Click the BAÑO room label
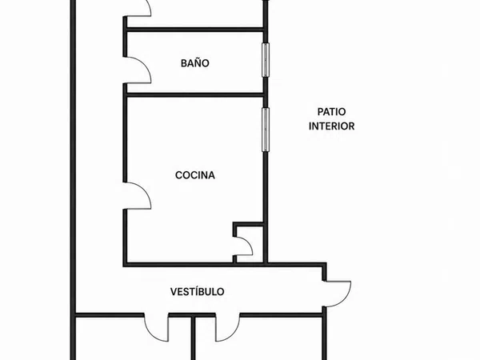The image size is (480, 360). (195, 63)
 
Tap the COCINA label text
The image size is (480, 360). (195, 175)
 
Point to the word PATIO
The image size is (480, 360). (331, 112)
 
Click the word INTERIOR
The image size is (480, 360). (331, 126)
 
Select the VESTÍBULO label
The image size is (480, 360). (197, 292)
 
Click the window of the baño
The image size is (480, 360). (266, 60)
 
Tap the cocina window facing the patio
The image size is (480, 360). (266, 130)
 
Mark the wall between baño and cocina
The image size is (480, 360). (195, 95)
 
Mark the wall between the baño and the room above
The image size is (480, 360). (195, 30)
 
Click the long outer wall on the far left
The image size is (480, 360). (73, 180)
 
